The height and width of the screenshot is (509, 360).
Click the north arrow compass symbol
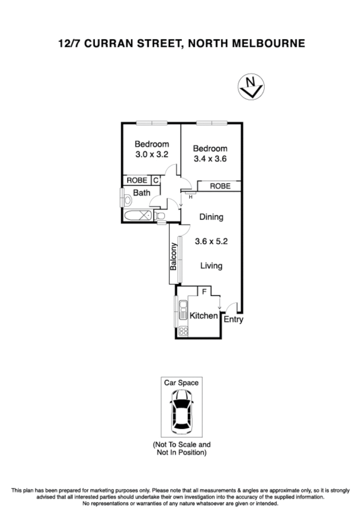point(251,87)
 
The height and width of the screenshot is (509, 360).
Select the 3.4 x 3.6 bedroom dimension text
point(210,159)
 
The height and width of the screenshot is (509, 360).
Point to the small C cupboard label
point(155,181)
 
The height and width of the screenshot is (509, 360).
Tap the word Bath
point(142,193)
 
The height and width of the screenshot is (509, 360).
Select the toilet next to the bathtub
point(161,216)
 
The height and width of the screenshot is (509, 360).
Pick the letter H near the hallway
point(190,196)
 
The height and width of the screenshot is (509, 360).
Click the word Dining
point(211,217)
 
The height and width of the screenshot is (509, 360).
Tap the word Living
point(211,266)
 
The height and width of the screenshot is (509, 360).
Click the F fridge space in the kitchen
point(204,291)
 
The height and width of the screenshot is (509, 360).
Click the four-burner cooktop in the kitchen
point(183,330)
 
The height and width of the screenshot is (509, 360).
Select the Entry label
point(234,320)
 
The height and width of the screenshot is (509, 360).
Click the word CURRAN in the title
point(110,44)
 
